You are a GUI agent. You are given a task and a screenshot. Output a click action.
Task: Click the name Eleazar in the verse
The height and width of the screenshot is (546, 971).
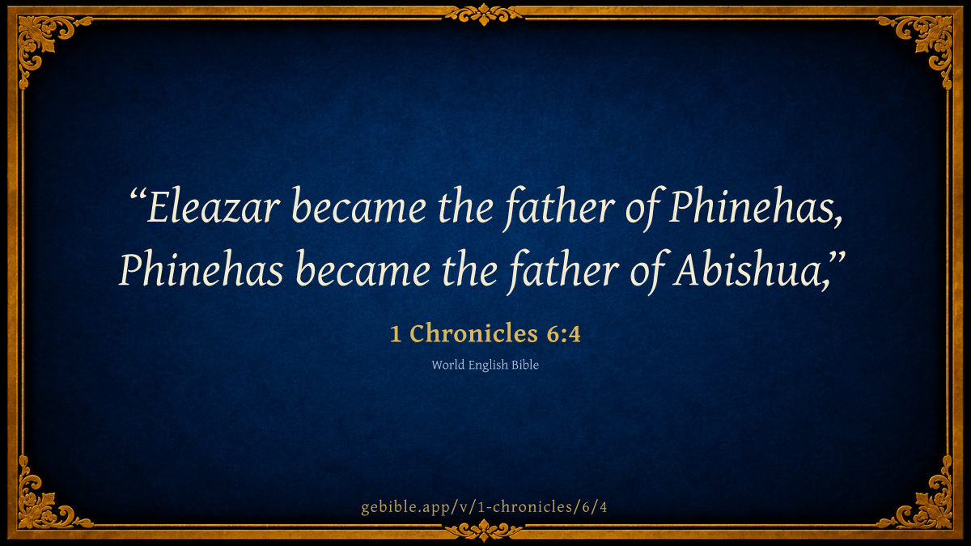pos(213,205)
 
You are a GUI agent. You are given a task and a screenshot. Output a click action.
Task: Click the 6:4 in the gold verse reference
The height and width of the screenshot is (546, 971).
pos(563,334)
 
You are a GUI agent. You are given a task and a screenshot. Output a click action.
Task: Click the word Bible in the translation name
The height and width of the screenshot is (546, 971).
pos(525,365)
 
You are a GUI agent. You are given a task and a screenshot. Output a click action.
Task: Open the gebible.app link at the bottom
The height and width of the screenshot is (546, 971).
pos(484,507)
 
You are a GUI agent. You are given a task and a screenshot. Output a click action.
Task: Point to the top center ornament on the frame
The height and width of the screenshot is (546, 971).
pos(484,15)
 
